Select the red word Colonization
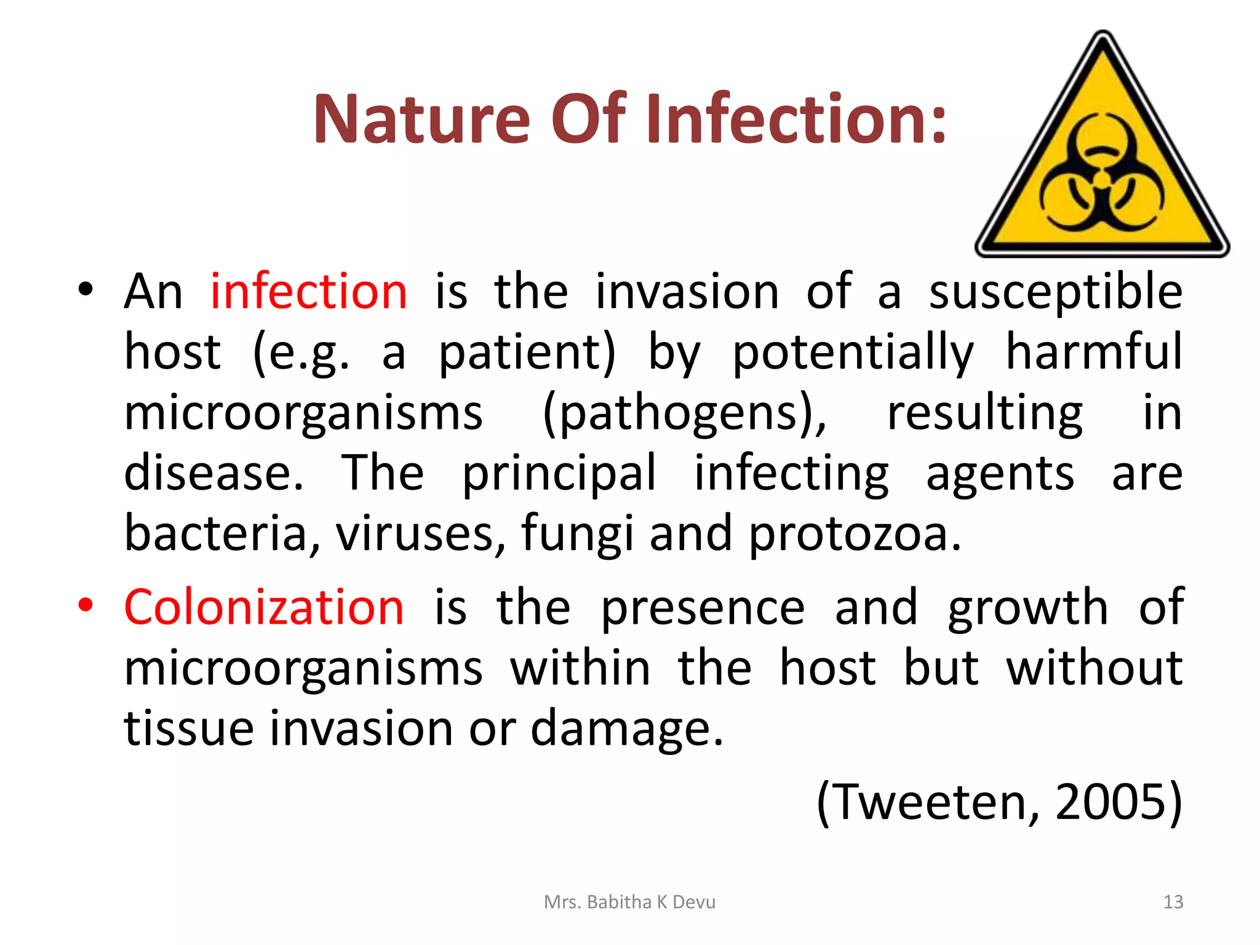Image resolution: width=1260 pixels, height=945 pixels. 264,607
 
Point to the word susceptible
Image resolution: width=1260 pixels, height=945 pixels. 1055,292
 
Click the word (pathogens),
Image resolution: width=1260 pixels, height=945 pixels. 685,413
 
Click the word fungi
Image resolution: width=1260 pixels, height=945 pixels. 576,533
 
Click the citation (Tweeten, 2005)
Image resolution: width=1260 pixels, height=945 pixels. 999,801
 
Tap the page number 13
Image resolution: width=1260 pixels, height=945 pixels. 1173,902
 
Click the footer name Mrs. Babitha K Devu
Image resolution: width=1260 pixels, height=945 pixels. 629,902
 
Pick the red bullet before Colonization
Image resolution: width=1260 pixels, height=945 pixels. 86,605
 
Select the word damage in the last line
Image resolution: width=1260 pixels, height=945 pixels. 626,728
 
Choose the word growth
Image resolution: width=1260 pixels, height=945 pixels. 1027,607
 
